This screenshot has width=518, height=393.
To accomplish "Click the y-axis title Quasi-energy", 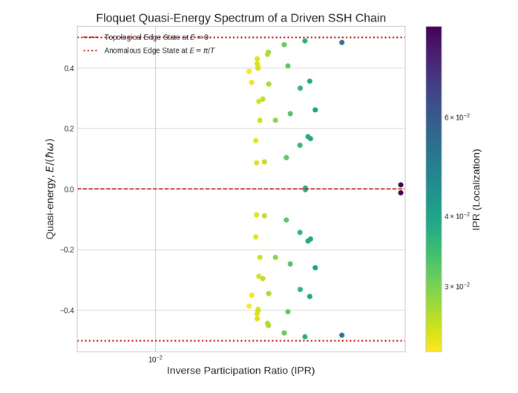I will tap(50, 189).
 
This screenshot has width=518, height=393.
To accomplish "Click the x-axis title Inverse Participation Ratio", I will tap(241, 371).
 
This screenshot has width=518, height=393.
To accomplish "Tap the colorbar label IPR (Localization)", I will tap(476, 189).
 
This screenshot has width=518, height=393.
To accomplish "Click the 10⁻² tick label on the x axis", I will tap(155, 360).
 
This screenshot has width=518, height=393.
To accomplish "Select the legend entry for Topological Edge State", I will tap(156, 37).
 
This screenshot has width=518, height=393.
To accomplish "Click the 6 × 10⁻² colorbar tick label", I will tap(456, 117).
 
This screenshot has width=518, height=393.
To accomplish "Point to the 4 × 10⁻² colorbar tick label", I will tap(456, 216).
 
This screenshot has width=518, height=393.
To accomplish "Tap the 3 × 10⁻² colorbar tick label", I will tap(456, 286).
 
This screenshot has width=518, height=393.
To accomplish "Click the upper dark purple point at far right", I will tap(401, 185).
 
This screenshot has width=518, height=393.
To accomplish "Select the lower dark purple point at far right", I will tap(401, 192).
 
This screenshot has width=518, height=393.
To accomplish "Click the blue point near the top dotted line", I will tap(342, 42).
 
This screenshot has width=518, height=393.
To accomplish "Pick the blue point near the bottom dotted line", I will tap(342, 335).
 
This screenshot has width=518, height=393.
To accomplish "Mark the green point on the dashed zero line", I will tap(305, 189).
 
